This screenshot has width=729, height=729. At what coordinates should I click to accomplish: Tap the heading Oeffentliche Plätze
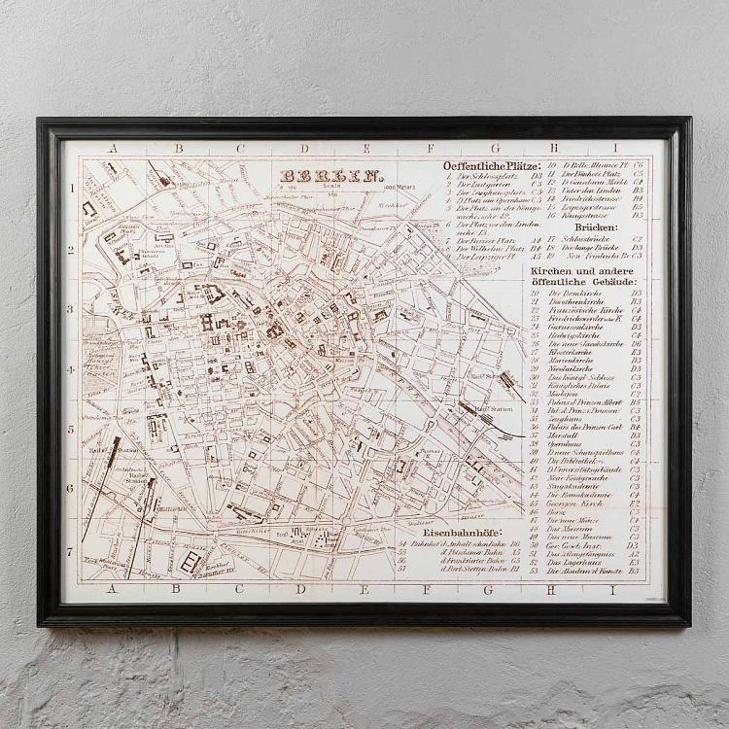tap(491, 166)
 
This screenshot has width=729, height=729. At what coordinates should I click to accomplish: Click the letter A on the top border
tap(114, 150)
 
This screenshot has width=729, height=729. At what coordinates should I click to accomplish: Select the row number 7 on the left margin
tap(70, 550)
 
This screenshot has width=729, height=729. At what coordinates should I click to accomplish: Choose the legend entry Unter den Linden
tap(588, 191)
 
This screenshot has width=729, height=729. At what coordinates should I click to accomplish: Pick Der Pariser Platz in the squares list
tap(488, 239)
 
